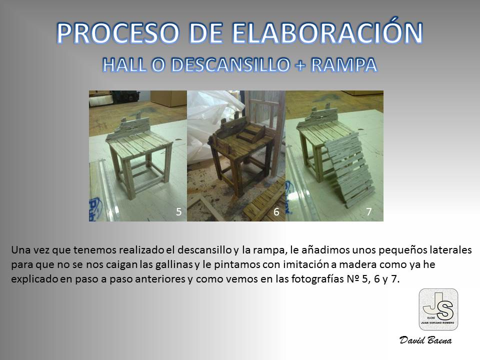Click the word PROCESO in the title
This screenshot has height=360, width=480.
point(118,33)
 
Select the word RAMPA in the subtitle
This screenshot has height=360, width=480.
point(343,65)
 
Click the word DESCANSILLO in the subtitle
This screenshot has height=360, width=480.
point(230,65)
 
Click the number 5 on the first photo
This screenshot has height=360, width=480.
point(179,211)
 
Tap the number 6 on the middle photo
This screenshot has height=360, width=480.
point(276,211)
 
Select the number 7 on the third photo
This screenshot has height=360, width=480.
point(369,211)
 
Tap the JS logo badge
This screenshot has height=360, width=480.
point(438,309)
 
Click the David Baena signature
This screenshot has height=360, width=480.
point(425,340)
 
